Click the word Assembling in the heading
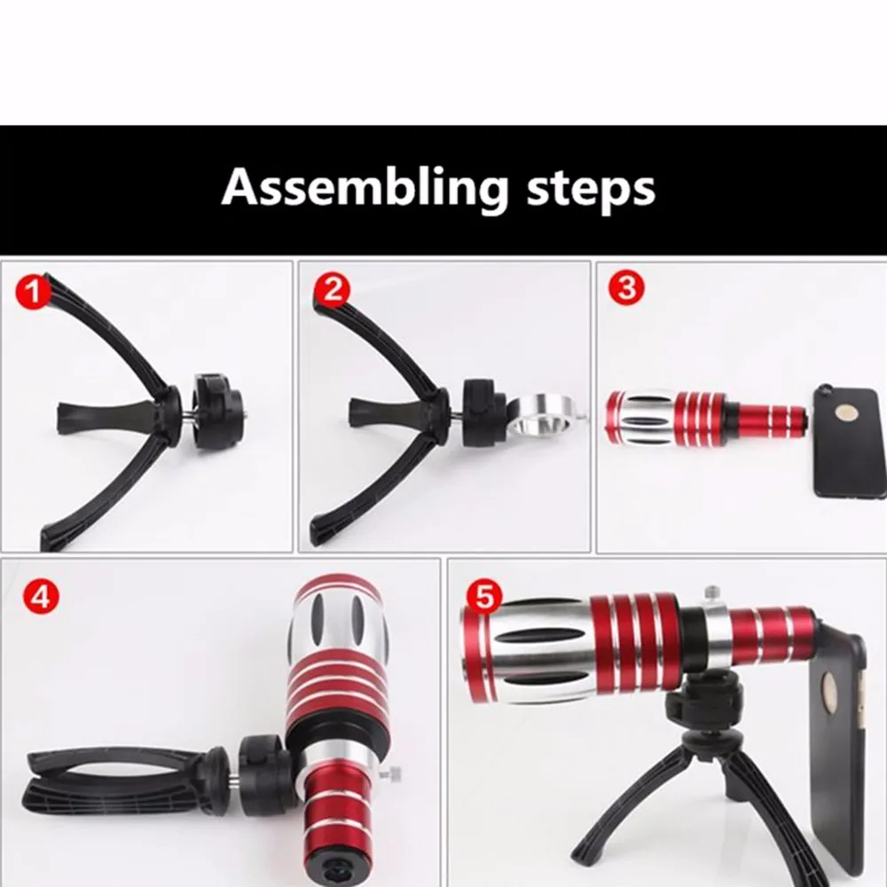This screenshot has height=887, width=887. click(x=365, y=187)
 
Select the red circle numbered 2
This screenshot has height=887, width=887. click(x=332, y=290)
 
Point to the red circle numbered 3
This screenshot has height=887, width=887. click(x=626, y=288)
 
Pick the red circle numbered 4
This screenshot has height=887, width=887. click(x=41, y=596)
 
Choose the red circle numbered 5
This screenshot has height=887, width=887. click(x=484, y=596)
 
